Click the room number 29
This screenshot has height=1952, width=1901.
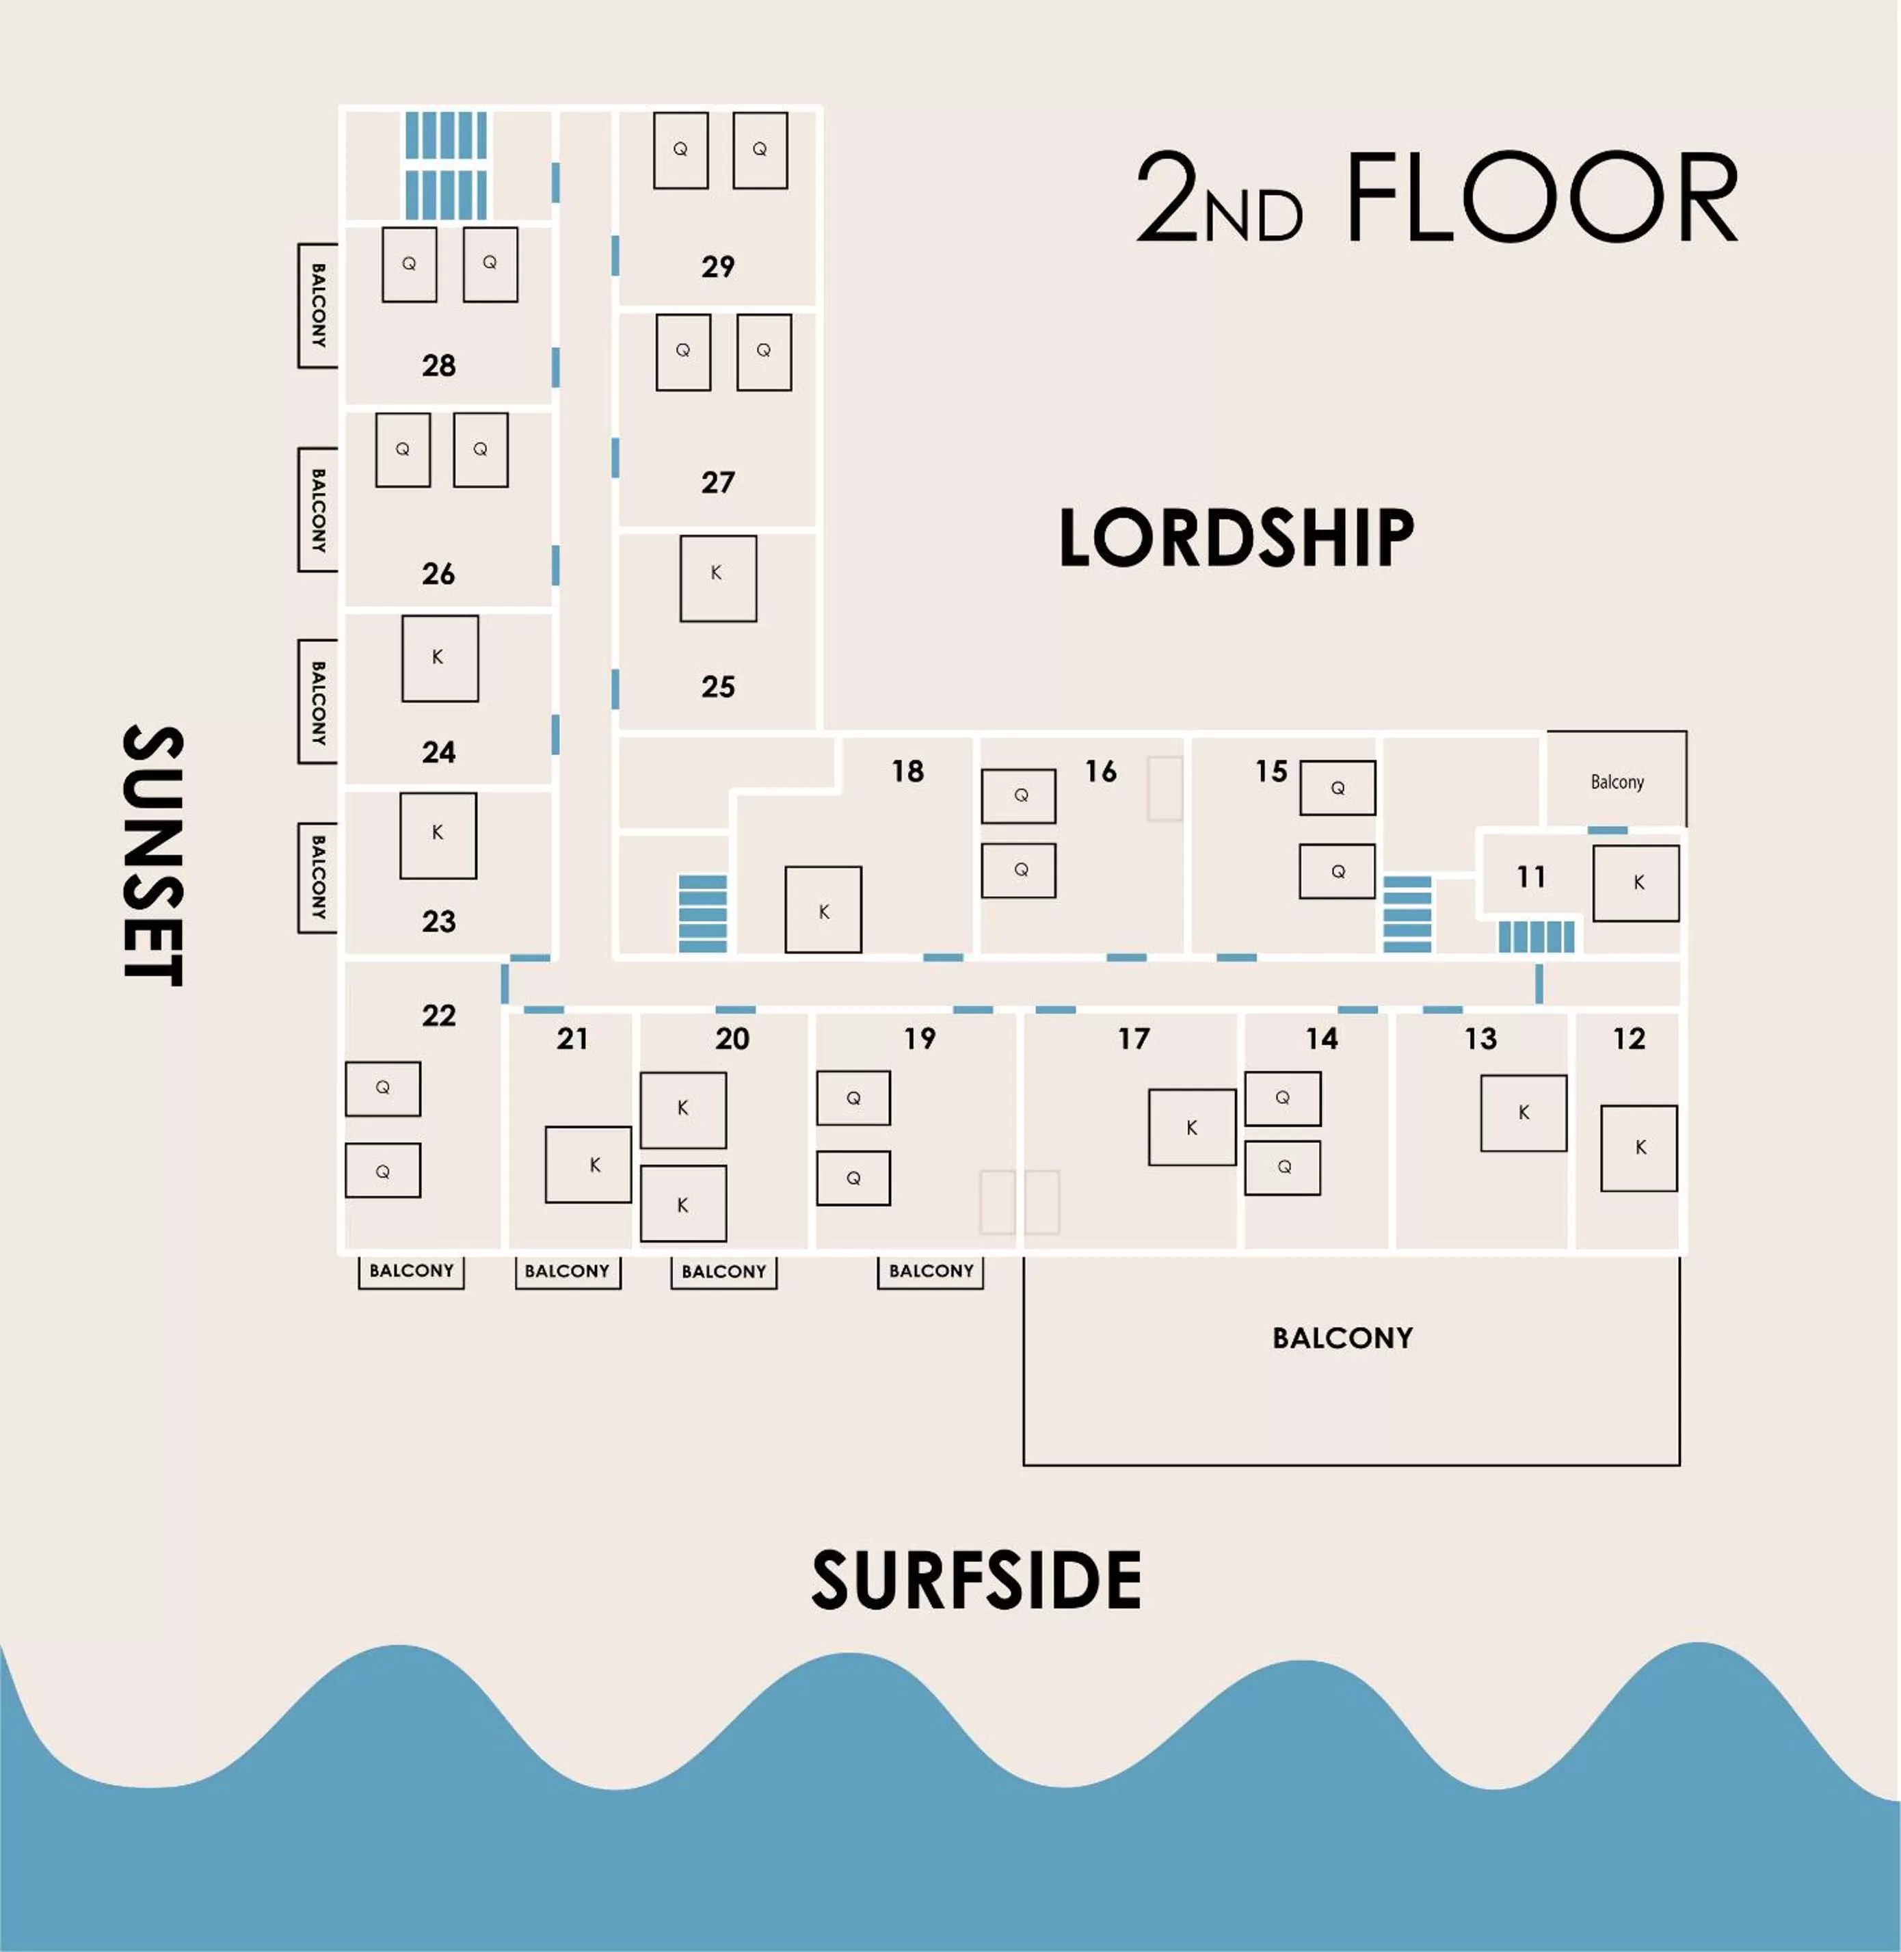(x=718, y=267)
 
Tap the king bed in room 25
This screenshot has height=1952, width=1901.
(x=718, y=578)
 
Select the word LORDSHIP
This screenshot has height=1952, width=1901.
(x=1236, y=538)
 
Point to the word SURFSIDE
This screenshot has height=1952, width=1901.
(x=976, y=1581)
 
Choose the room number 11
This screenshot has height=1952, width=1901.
(x=1530, y=877)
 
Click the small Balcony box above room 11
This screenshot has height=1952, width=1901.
(x=1617, y=781)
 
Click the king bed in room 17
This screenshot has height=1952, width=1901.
(x=1191, y=1127)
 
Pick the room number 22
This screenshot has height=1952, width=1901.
(x=438, y=1016)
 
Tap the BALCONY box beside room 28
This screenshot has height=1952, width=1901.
(x=317, y=306)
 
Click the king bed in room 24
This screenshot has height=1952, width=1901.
(x=439, y=658)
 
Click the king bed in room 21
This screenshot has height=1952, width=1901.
(x=588, y=1164)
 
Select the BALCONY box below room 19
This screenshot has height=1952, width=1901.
(x=931, y=1271)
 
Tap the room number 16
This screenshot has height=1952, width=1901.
(x=1100, y=771)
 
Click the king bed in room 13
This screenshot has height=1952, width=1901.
(x=1523, y=1112)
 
